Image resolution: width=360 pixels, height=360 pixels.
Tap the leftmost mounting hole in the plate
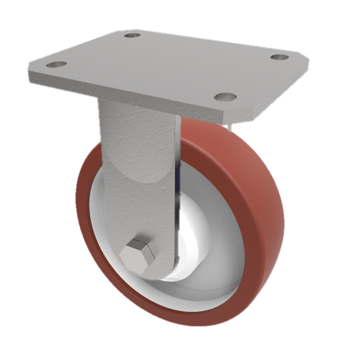[x=56, y=64]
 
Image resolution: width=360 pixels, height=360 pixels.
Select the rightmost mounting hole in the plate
[x=280, y=57]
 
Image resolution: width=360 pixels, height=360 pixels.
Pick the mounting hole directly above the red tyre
[x=225, y=96]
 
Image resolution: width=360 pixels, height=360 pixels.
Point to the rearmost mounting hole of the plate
[x=132, y=35]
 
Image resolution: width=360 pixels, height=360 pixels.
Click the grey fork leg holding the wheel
[x=139, y=180]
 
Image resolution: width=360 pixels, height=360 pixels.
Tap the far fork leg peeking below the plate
[x=230, y=127]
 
